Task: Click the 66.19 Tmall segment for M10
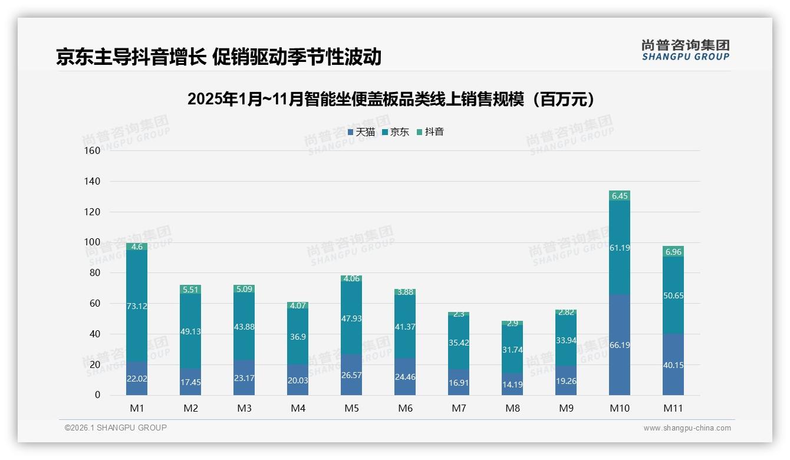620,345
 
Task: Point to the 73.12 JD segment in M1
137,306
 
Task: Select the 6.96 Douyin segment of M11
673,252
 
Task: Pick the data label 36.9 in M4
298,337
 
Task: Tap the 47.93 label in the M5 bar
351,318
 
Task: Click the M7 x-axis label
459,408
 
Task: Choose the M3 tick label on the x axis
244,408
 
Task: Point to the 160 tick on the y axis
93,150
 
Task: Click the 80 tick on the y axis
95,273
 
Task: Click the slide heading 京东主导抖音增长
219,57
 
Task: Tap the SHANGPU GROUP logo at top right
685,50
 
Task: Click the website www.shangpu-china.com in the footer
687,428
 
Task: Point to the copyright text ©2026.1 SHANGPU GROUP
116,428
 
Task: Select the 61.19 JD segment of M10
620,248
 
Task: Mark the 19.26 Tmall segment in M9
566,381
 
